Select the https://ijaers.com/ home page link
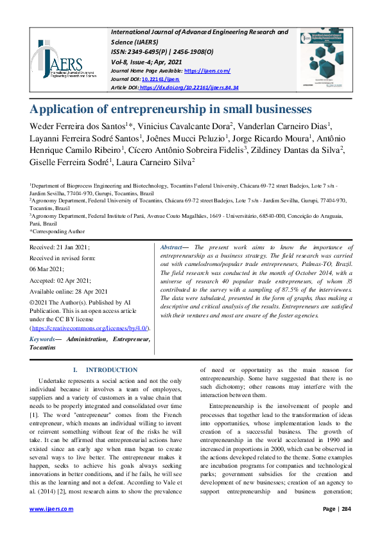207,71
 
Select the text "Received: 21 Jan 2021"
60,247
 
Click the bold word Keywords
42,339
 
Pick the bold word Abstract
171,247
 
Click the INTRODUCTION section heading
111,370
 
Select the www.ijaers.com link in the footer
51,509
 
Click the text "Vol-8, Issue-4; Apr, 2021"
146,61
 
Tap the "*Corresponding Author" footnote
57,231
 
